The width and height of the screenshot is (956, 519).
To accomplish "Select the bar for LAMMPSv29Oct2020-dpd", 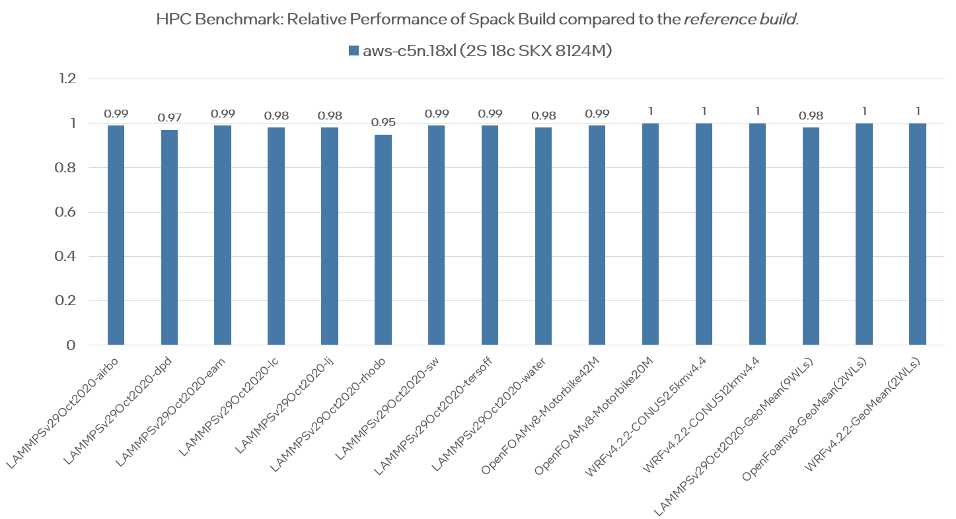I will point(169,238).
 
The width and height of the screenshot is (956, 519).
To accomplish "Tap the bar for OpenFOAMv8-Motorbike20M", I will point(650,234).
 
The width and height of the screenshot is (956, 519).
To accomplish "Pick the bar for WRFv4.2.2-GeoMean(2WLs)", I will point(918,234).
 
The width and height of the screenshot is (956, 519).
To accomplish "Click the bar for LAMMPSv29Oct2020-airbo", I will point(116,235).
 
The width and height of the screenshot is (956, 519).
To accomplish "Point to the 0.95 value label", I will point(383,123).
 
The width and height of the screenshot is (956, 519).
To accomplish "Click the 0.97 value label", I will point(169,118).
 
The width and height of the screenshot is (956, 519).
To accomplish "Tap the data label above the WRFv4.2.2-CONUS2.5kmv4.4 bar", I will point(704,112).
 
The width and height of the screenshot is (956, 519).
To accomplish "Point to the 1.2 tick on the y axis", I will point(68,79).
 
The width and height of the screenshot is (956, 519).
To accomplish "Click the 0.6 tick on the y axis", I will point(68,213).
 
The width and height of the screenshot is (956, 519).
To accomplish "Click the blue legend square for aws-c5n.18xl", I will point(353,51).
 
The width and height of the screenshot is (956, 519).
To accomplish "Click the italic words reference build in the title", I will point(739,19).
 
